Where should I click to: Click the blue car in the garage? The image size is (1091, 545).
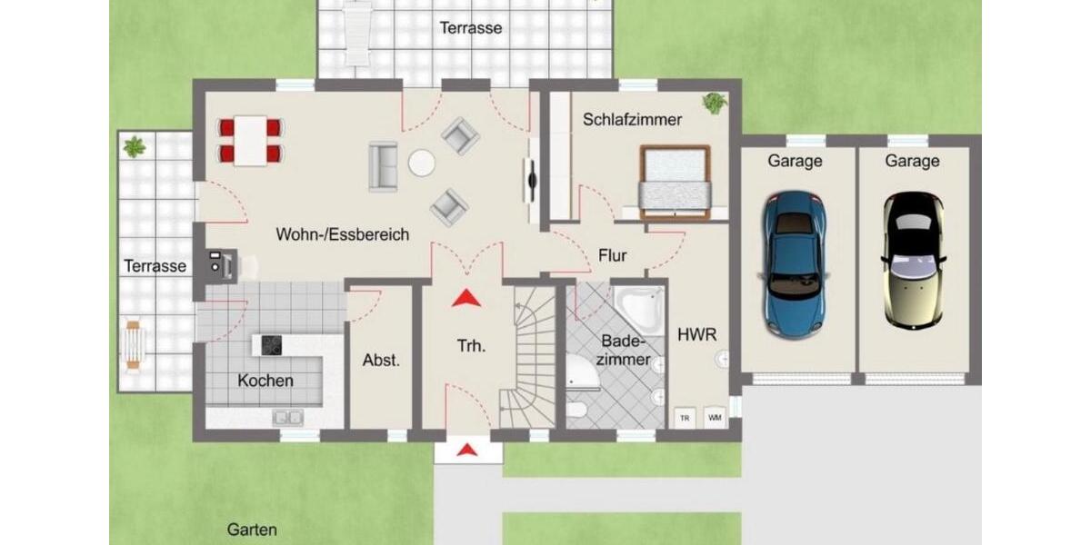click(795, 264)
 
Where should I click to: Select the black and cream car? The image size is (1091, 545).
click(913, 261)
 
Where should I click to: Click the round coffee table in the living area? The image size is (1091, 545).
click(422, 163)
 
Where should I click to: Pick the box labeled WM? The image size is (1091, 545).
click(715, 418)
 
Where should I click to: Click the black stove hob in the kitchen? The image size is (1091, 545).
click(272, 344)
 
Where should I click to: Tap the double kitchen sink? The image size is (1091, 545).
click(289, 417)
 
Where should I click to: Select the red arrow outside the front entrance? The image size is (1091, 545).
click(468, 449)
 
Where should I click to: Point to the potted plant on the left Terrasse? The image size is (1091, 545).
click(135, 146)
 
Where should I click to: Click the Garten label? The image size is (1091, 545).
click(252, 530)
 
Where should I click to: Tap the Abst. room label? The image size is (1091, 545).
click(381, 360)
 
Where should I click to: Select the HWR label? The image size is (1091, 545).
click(697, 334)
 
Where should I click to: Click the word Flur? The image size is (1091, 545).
click(612, 255)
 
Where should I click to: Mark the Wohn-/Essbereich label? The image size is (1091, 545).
click(343, 234)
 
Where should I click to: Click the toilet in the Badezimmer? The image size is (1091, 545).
click(576, 409)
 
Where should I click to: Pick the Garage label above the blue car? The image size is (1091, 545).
click(795, 161)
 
